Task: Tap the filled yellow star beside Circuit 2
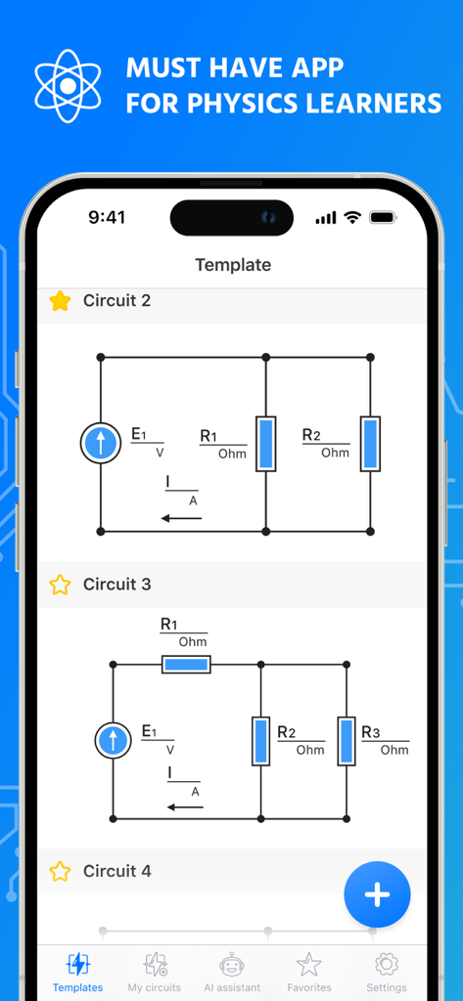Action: [x=60, y=301]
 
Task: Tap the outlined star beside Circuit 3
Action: [x=60, y=585]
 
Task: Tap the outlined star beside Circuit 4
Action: [x=60, y=871]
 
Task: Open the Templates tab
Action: [x=78, y=973]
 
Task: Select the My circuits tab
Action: [x=155, y=973]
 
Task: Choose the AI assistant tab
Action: [x=232, y=973]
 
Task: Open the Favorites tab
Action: [x=309, y=973]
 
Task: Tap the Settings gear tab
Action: [x=387, y=973]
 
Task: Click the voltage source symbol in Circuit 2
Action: [x=101, y=444]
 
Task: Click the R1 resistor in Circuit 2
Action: [x=266, y=444]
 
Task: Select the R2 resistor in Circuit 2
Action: [x=370, y=444]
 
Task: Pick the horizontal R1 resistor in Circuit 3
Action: [x=186, y=665]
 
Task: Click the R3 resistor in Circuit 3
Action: [x=347, y=740]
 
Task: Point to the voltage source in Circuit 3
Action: [x=114, y=740]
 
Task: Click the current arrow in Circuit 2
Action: [x=182, y=517]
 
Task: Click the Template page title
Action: [x=233, y=265]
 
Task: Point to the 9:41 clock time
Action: [x=107, y=217]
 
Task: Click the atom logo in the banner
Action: [x=68, y=86]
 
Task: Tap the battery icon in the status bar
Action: [x=383, y=217]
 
